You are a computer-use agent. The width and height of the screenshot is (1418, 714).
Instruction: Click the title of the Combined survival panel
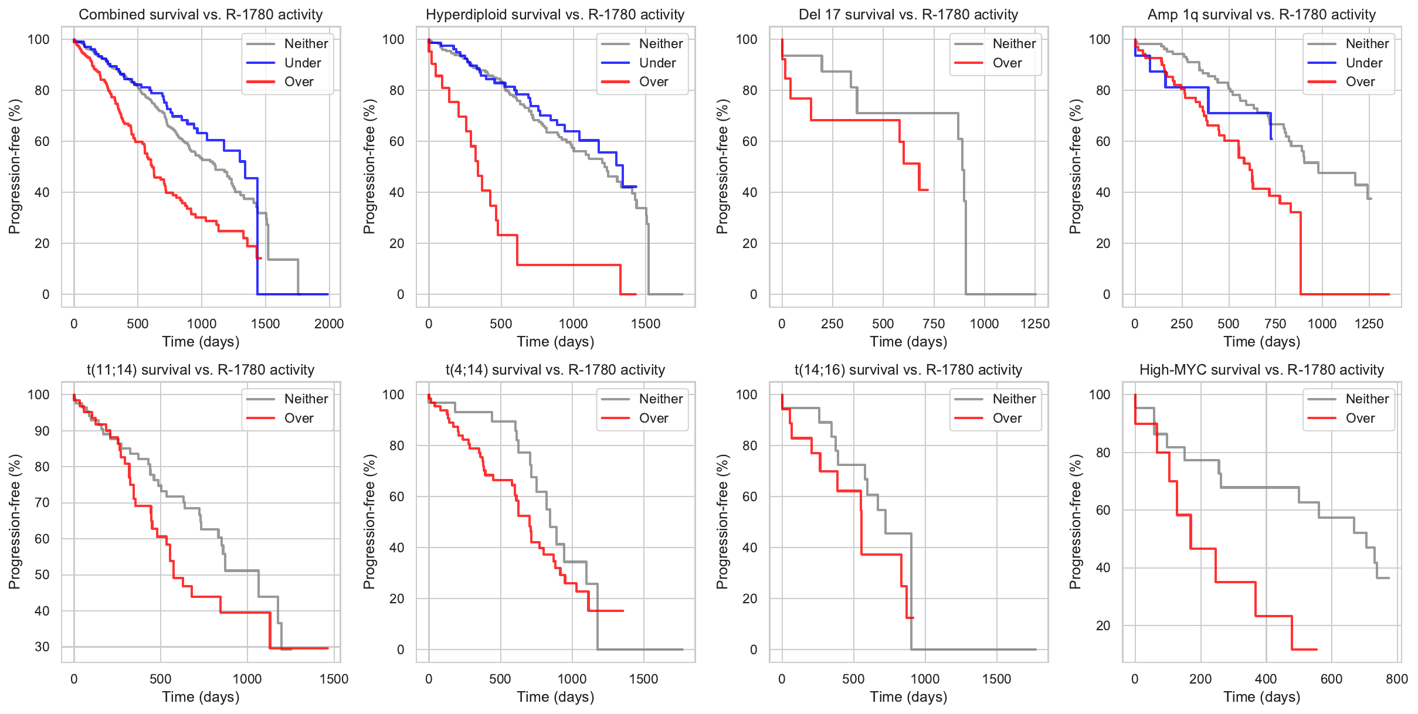pyautogui.click(x=201, y=15)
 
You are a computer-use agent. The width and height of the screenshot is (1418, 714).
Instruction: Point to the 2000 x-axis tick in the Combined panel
pyautogui.click(x=329, y=324)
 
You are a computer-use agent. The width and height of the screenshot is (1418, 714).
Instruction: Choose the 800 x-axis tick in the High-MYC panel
pyautogui.click(x=1397, y=679)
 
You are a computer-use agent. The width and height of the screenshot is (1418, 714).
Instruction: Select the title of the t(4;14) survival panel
pyautogui.click(x=555, y=370)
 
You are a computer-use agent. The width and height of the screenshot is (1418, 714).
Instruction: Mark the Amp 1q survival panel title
pyautogui.click(x=1261, y=15)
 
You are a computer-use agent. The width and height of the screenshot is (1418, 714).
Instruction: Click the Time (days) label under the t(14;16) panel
pyautogui.click(x=908, y=696)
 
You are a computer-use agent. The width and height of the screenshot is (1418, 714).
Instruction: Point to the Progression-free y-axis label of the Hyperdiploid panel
pyautogui.click(x=369, y=166)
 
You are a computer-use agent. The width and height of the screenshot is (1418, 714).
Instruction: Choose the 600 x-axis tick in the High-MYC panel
pyautogui.click(x=1331, y=679)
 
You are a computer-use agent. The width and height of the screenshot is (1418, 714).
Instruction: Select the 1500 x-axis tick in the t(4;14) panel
pyautogui.click(x=643, y=679)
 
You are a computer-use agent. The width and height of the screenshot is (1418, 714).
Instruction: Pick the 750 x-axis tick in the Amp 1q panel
pyautogui.click(x=1275, y=324)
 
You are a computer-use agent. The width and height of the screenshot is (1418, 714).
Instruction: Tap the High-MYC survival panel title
pyautogui.click(x=1261, y=370)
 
